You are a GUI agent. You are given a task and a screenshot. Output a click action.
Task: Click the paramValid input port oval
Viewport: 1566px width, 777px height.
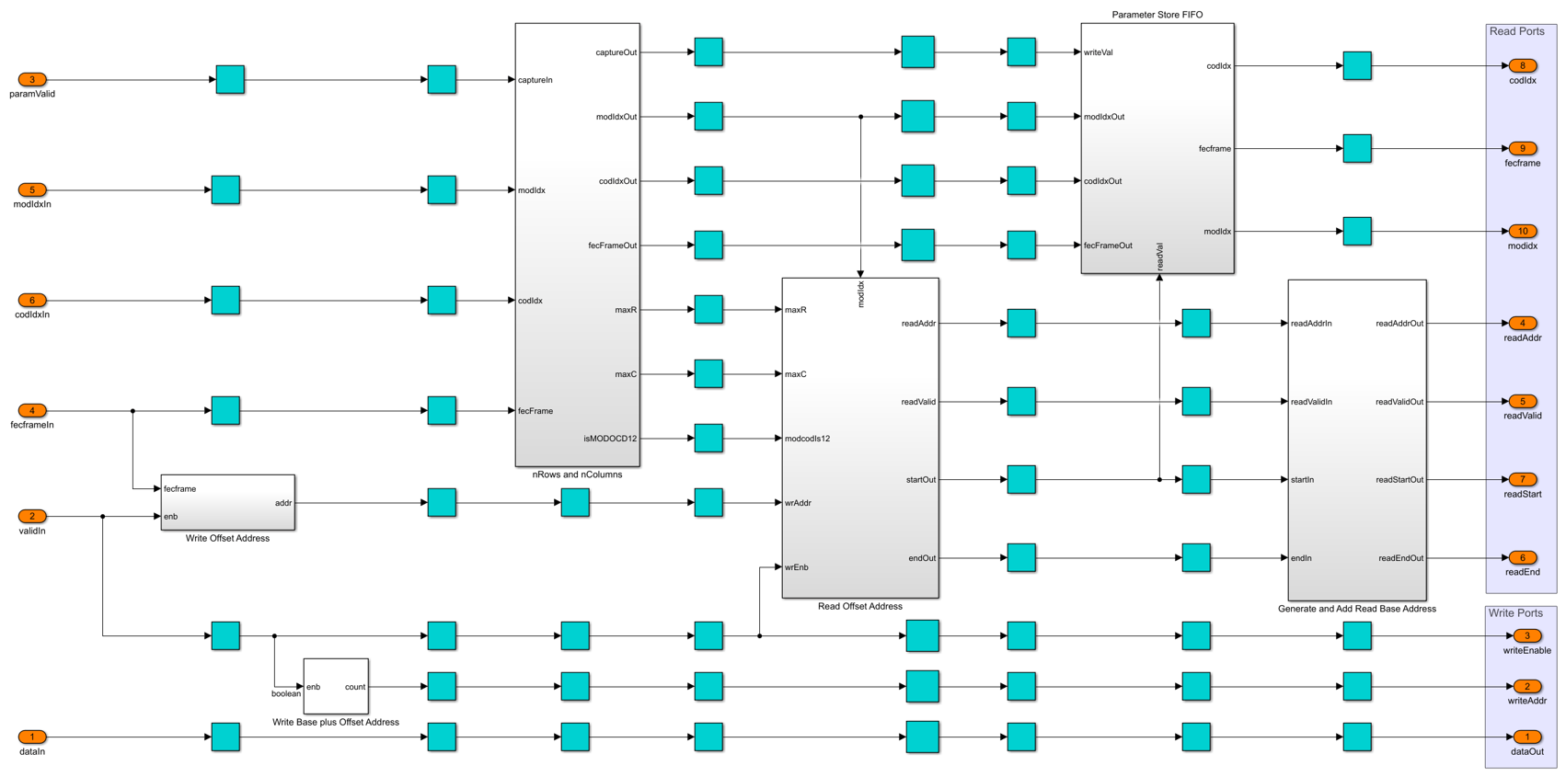(x=32, y=80)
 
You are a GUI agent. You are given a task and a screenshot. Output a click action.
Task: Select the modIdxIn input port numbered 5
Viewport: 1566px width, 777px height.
(x=32, y=190)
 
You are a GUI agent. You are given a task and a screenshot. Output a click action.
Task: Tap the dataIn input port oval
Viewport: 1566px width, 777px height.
(x=32, y=737)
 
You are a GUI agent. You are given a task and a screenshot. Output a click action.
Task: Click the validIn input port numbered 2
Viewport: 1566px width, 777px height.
(x=32, y=517)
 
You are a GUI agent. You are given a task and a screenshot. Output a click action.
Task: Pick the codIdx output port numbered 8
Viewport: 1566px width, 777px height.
(x=1522, y=65)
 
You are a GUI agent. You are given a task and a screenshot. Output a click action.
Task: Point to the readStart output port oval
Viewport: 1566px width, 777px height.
(x=1522, y=479)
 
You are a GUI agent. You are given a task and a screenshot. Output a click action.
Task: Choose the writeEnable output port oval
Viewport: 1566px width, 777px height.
(x=1526, y=636)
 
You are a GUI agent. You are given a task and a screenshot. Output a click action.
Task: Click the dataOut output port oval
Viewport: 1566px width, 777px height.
(x=1526, y=737)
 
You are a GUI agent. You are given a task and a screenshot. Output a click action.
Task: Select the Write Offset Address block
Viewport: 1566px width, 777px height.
(x=228, y=502)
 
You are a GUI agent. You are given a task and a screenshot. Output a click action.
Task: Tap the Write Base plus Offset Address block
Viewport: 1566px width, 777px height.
(x=336, y=686)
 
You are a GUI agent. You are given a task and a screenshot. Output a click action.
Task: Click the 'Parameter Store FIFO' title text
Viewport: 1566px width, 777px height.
(x=1157, y=15)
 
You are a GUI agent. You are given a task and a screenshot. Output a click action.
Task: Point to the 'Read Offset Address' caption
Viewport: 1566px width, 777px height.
(x=860, y=607)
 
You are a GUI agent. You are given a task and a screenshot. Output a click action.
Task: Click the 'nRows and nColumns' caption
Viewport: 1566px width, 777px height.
(x=577, y=474)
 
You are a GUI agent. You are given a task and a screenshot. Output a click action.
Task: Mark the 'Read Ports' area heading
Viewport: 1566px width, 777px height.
(x=1516, y=31)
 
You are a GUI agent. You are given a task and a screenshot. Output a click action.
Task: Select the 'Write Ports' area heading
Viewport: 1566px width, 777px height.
(x=1515, y=612)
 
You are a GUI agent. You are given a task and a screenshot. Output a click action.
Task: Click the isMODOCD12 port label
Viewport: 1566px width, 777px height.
(x=610, y=439)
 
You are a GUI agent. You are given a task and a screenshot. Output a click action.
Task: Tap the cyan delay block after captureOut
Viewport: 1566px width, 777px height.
(x=708, y=52)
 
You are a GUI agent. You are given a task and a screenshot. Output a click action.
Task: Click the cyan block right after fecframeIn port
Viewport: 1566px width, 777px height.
(x=225, y=411)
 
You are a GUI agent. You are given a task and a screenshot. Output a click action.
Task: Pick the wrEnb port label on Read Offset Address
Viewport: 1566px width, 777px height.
(x=796, y=567)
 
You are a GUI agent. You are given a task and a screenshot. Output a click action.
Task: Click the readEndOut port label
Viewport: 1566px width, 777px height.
(x=1401, y=558)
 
